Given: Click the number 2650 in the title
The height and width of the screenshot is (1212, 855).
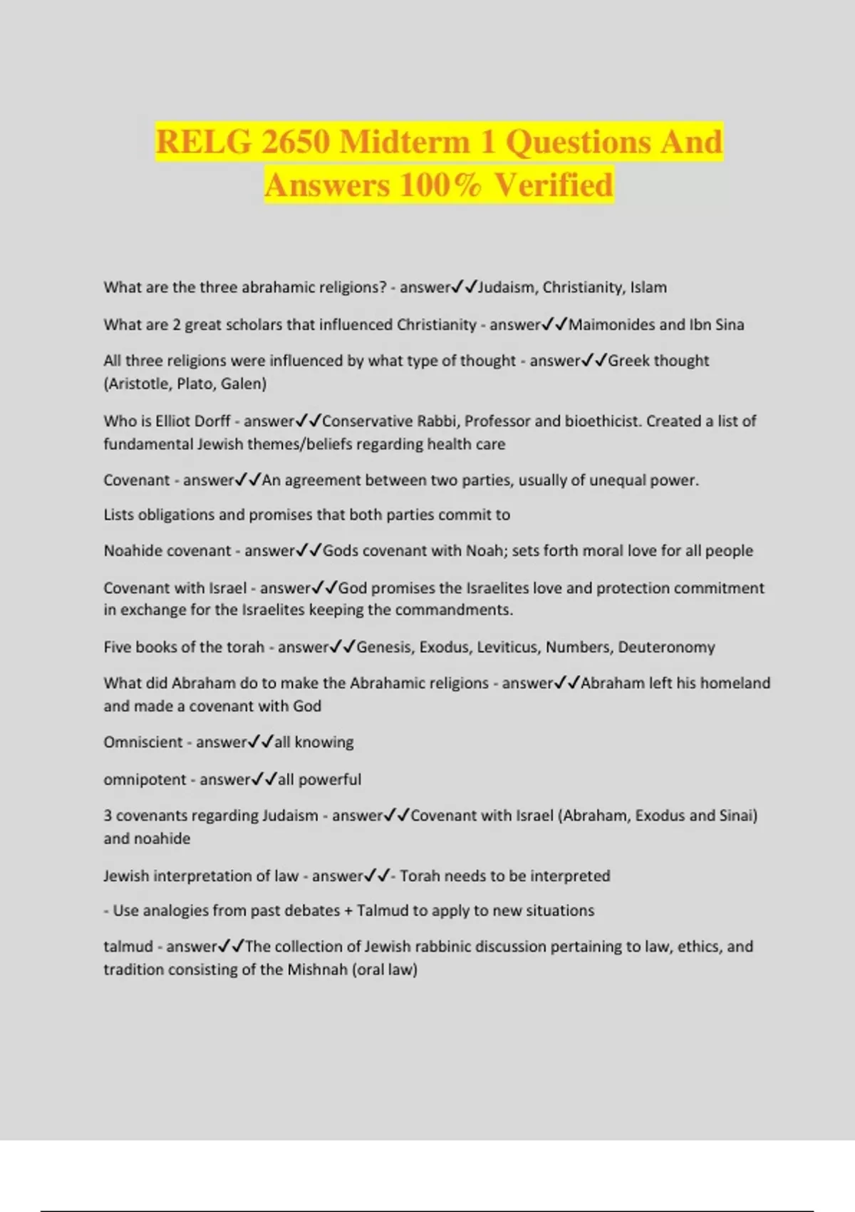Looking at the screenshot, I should pyautogui.click(x=294, y=141).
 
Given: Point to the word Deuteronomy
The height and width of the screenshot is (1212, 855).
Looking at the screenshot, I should pyautogui.click(x=666, y=647).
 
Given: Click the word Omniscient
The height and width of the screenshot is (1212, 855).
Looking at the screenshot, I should pyautogui.click(x=142, y=741).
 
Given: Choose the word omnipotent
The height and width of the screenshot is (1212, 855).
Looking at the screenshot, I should pyautogui.click(x=145, y=779).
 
